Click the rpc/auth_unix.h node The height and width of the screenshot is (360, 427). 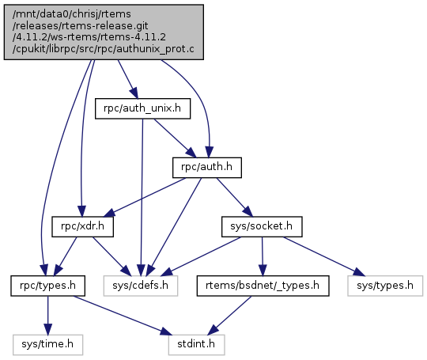tap(142, 108)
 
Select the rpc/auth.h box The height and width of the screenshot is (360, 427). tap(207, 167)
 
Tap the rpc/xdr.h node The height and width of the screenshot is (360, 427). tap(82, 226)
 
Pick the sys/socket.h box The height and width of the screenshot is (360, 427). tap(262, 226)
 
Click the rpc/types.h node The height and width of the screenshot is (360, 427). tap(48, 286)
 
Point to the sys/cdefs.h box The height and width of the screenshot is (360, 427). tap(141, 286)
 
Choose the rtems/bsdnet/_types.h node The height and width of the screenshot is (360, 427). tap(263, 286)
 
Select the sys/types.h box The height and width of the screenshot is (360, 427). tap(385, 286)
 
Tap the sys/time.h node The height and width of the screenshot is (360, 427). tap(47, 345)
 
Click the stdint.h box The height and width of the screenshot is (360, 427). tap(196, 345)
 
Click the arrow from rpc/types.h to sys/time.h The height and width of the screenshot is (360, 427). tap(48, 316)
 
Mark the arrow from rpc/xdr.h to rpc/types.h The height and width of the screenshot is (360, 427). tap(66, 256)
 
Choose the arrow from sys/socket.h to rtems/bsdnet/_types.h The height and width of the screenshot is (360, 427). tap(263, 256)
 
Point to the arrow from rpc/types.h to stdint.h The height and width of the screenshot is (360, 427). tap(123, 316)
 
